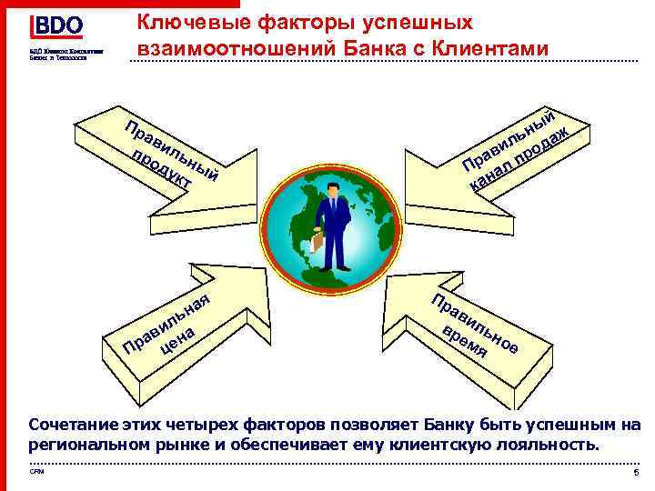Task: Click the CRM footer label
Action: [x=36, y=472]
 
